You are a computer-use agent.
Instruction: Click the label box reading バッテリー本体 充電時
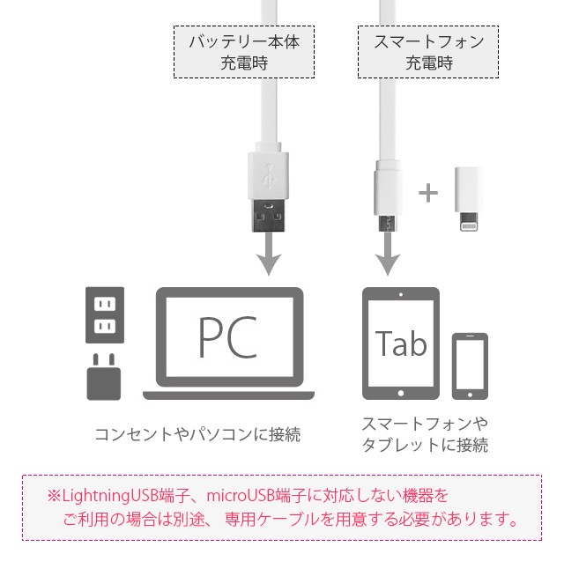[x=244, y=52]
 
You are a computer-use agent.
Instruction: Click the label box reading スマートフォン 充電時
[x=427, y=52]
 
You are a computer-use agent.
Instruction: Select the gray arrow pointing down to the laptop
[x=268, y=258]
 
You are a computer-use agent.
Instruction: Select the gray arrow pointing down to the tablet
[x=385, y=258]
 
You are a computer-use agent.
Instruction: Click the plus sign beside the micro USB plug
[x=427, y=193]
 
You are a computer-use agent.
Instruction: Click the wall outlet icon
[x=105, y=314]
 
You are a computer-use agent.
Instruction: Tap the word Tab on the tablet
[x=401, y=343]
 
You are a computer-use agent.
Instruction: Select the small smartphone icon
[x=470, y=366]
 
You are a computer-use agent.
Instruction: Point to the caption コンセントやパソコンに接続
[x=197, y=434]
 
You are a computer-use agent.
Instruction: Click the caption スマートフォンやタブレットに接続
[x=425, y=434]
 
